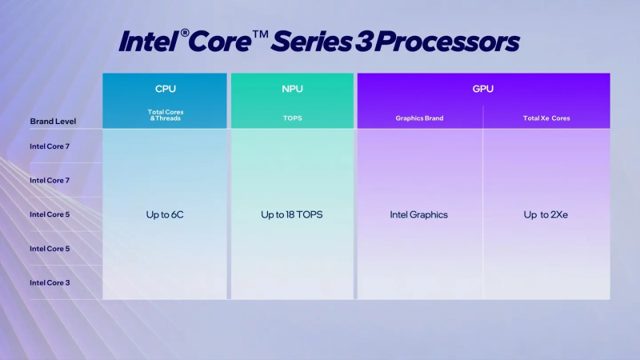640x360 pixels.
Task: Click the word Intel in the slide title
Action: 148,42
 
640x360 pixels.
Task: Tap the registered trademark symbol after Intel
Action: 184,34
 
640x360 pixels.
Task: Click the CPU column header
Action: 165,88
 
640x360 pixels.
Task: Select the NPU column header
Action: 292,88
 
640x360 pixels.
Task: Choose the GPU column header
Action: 483,88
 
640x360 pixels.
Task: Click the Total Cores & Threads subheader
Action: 165,114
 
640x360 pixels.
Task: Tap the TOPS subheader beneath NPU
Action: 292,118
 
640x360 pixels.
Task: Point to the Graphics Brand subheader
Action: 419,118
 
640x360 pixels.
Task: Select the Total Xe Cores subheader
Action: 547,118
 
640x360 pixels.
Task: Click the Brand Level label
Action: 53,121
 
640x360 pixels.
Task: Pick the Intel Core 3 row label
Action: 50,282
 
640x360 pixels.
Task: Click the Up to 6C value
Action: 165,214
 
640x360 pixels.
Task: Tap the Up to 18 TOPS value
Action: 292,214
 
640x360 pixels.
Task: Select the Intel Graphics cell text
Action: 419,214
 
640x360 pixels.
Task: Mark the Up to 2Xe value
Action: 547,214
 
